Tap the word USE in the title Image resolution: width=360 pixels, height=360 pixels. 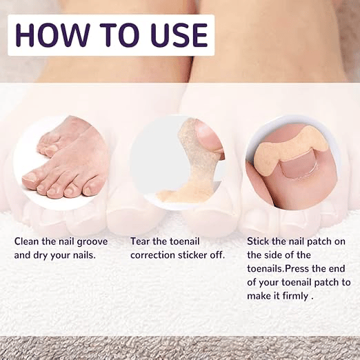click(179, 35)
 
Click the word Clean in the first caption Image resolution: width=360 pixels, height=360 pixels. click(27, 241)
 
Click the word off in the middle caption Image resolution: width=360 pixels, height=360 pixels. click(217, 255)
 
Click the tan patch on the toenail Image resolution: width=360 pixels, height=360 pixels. click(290, 148)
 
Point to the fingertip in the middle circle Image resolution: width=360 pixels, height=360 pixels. click(209, 137)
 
